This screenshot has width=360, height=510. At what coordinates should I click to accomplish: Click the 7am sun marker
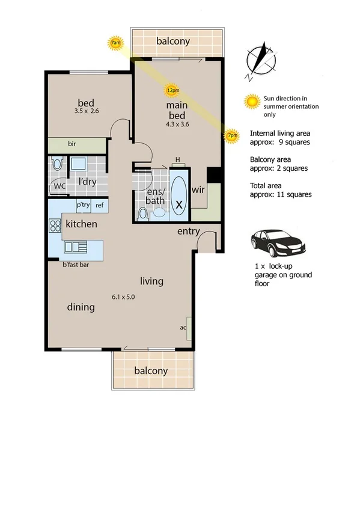coord(116,43)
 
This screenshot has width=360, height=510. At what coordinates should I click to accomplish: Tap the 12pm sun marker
coord(172,91)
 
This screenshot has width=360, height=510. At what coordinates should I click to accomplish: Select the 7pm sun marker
coord(231,137)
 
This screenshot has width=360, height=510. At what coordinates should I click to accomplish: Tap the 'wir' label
coord(199,189)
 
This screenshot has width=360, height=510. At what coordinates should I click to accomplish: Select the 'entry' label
coord(188,231)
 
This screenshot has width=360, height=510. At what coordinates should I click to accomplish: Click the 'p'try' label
coord(83,205)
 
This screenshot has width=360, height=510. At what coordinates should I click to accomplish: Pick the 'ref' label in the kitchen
coord(100,205)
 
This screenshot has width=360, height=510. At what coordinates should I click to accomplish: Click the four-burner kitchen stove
coord(55,226)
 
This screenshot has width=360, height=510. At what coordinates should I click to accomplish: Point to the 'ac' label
coord(183,328)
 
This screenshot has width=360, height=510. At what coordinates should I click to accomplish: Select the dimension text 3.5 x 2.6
coord(87,111)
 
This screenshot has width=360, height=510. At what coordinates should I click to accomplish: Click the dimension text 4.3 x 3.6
coord(178,124)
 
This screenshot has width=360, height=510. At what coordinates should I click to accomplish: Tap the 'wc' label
coord(59,186)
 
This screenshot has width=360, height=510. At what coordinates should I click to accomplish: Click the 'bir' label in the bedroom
coord(72,145)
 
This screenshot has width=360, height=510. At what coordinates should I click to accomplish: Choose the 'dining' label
coord(81,307)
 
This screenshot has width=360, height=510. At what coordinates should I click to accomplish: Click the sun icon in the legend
coord(252,102)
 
